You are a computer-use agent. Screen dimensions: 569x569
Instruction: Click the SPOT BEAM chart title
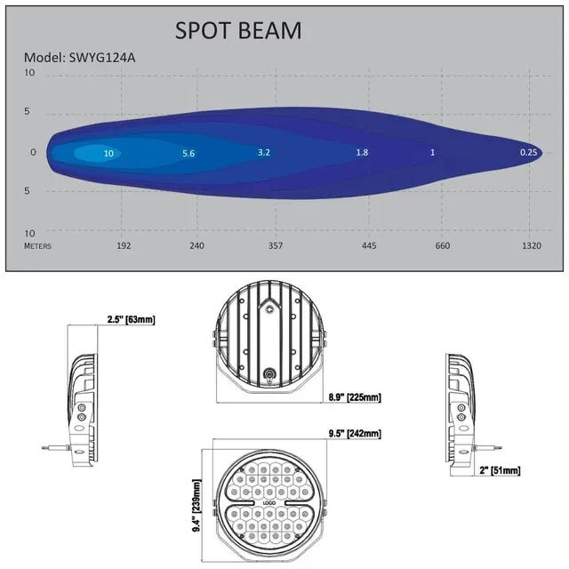[238, 30]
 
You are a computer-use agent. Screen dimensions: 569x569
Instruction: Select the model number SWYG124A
[102, 58]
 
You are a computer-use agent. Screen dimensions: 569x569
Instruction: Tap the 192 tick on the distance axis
[124, 245]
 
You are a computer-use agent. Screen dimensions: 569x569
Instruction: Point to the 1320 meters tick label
[532, 245]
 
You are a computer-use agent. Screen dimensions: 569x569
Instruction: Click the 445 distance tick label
[369, 245]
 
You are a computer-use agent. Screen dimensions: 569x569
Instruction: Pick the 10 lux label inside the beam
[108, 154]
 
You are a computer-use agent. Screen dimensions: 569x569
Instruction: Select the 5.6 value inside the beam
[188, 154]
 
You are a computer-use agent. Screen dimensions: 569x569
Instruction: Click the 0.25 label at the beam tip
[528, 152]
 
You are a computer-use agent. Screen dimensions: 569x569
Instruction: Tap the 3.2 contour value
[264, 152]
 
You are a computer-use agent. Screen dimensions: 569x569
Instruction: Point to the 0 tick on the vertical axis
[33, 152]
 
